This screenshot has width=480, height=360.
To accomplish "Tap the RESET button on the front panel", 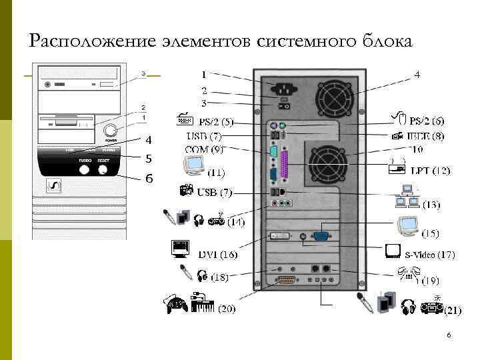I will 103,169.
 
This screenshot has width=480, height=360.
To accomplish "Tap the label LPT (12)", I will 430,171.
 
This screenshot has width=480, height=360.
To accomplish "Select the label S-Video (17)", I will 430,255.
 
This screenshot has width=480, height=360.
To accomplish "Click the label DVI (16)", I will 218,255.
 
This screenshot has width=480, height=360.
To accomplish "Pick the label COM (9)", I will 205,149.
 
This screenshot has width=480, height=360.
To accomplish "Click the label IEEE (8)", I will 426,136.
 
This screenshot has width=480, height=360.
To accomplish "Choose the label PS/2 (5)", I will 217,122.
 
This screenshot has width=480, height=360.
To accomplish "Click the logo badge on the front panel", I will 53,186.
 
